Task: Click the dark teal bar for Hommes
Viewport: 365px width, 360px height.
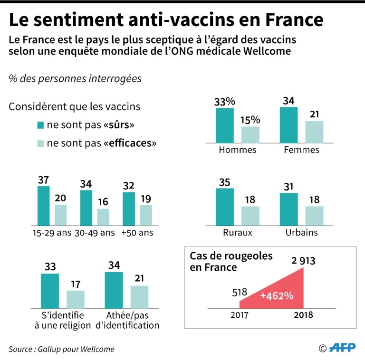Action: pos(225,125)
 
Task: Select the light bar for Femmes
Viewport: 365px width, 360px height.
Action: pos(314,132)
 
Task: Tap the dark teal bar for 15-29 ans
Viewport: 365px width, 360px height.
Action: pos(44,205)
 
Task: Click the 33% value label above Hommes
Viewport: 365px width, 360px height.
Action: pos(225,102)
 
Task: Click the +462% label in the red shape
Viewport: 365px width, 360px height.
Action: pos(276,295)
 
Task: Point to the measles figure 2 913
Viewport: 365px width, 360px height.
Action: pos(302,261)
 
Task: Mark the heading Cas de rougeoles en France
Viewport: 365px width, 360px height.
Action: pos(231,261)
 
